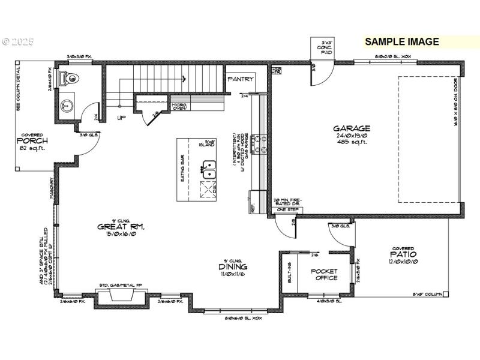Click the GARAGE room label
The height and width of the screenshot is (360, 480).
click(352, 128)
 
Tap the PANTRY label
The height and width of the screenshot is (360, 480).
click(240, 79)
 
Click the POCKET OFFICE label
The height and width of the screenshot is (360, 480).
click(323, 274)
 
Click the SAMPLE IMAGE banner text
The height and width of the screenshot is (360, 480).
click(402, 42)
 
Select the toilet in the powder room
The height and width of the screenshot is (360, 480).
click(70, 77)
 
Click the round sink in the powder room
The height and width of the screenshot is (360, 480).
click(66, 107)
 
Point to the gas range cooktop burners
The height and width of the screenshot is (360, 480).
click(259, 144)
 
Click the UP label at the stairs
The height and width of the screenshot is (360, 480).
click(121, 118)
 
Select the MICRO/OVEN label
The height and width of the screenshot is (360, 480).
click(179, 107)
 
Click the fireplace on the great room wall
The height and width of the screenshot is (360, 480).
click(122, 296)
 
